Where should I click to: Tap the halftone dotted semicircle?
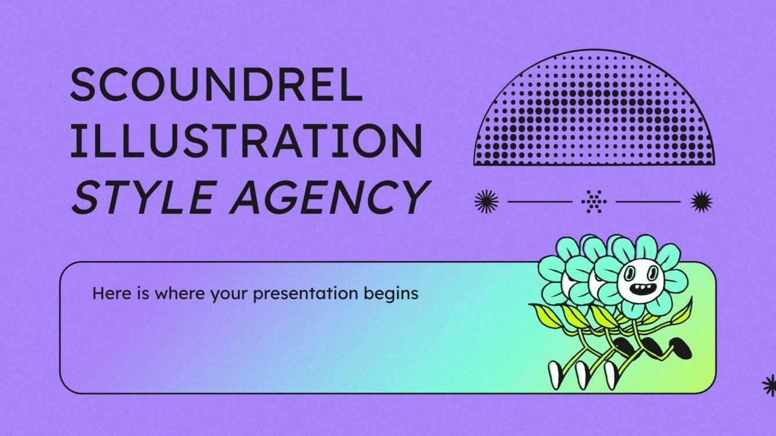(x=594, y=116)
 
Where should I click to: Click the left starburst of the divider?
(x=486, y=201)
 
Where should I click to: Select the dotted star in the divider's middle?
(x=594, y=201)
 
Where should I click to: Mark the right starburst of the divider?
(x=701, y=201)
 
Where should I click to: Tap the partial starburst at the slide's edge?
(x=770, y=385)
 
